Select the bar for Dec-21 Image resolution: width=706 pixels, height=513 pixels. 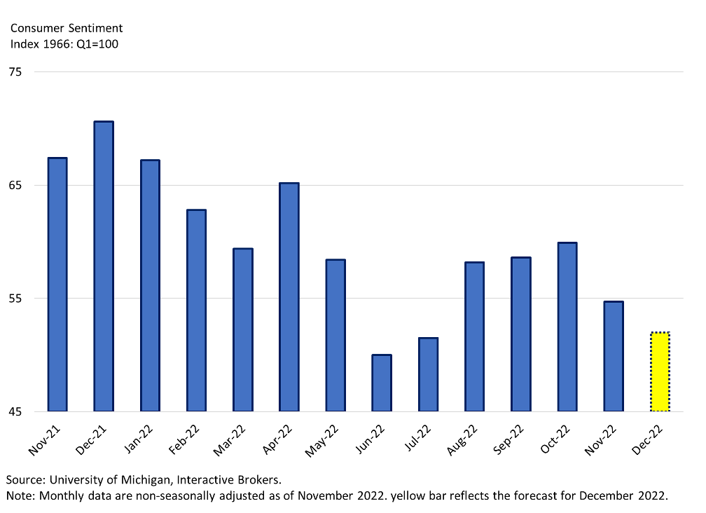(104, 266)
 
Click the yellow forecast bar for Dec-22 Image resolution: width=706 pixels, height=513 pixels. (660, 371)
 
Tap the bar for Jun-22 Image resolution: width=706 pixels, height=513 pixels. (382, 383)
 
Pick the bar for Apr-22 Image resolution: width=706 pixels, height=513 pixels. (289, 297)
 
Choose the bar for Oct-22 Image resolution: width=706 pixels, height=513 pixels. (567, 327)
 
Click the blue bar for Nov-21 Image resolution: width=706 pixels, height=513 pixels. (57, 285)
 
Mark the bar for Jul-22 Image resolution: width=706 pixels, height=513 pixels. (428, 374)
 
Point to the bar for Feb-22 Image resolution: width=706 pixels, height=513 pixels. (196, 310)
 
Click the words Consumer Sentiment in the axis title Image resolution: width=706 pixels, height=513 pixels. (67, 28)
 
